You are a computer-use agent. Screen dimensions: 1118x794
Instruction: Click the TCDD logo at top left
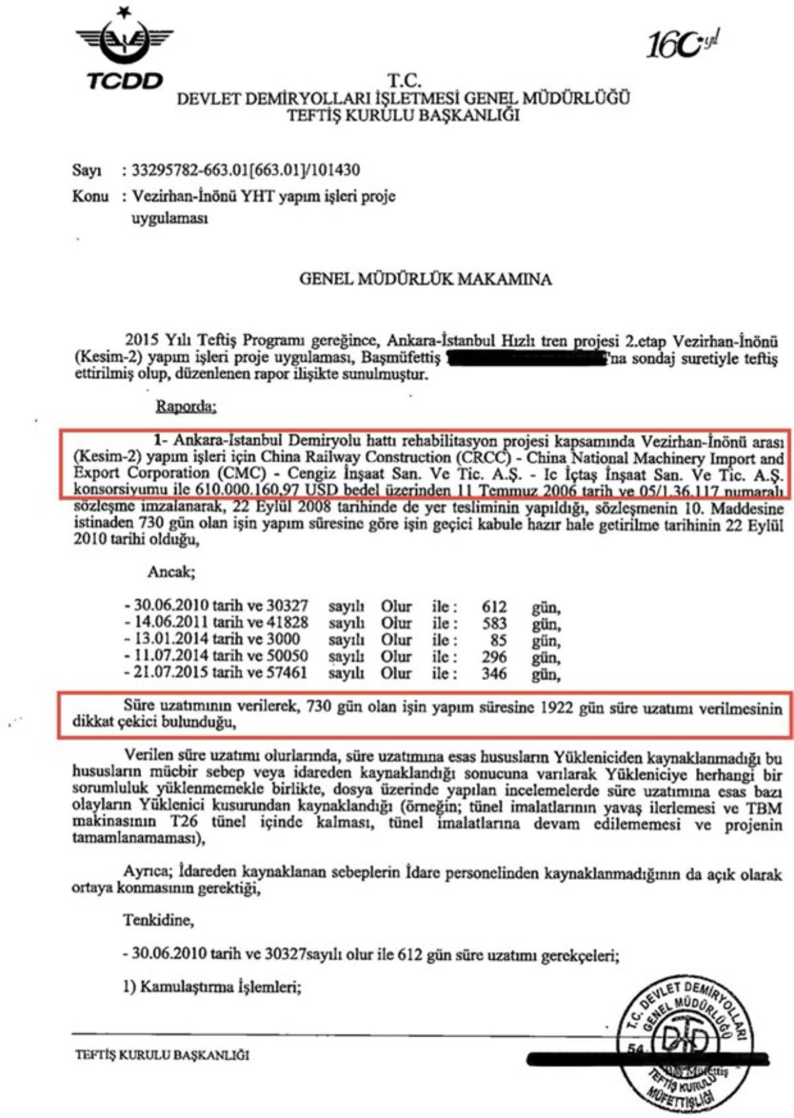click(124, 50)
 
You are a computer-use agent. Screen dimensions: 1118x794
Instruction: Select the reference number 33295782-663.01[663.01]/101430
click(245, 170)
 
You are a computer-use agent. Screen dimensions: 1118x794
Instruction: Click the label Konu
click(90, 196)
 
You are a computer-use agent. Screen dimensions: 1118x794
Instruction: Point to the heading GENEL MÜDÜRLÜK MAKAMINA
click(425, 279)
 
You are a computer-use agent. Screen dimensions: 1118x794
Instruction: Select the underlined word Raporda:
click(186, 406)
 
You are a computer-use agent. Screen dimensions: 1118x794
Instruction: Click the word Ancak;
click(171, 572)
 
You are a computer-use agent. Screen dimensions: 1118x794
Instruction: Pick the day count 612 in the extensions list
click(494, 607)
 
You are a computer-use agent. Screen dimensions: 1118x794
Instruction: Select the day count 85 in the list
click(498, 640)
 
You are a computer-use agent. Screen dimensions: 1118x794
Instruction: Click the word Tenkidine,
click(159, 920)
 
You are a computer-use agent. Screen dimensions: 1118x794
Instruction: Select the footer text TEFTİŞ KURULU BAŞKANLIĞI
click(162, 1056)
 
